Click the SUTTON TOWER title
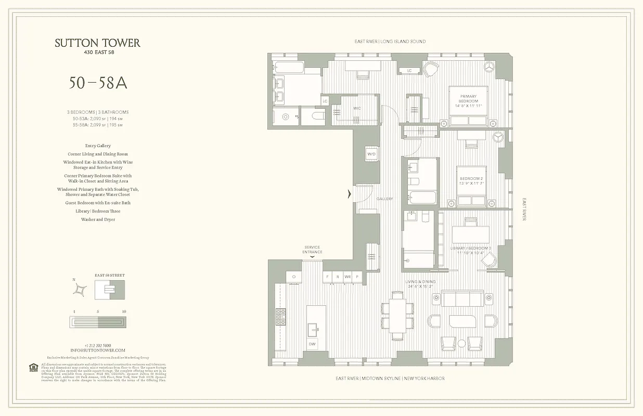(x=97, y=44)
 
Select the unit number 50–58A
(x=98, y=83)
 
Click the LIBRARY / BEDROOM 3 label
(x=471, y=251)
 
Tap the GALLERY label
(x=385, y=199)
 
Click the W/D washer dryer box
(x=371, y=154)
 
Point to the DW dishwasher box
(x=312, y=344)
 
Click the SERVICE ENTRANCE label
(x=312, y=250)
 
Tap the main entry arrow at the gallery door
(x=350, y=194)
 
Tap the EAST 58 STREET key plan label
(x=109, y=275)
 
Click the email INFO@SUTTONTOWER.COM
(x=98, y=350)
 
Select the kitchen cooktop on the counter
(x=280, y=317)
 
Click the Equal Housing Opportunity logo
(x=33, y=368)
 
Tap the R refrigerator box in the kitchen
(x=338, y=277)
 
